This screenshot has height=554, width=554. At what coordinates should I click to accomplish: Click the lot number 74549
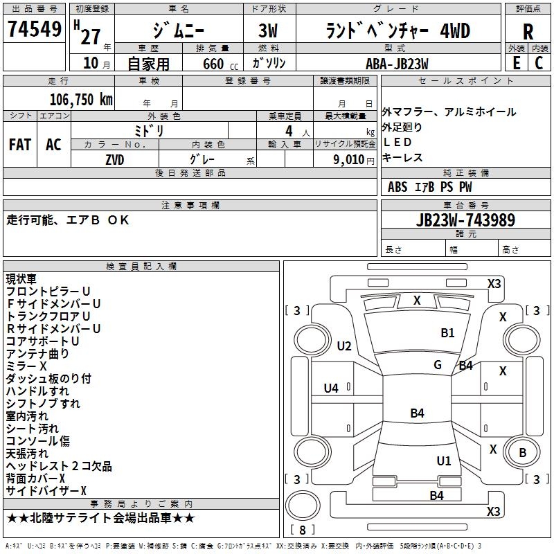[x=35, y=28]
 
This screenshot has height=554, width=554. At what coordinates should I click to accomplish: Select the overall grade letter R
[x=528, y=32]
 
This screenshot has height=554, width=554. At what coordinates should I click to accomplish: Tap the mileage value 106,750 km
[x=81, y=100]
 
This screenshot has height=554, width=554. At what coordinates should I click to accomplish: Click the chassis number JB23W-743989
[x=465, y=220]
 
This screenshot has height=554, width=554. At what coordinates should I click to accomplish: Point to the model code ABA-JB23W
[x=397, y=64]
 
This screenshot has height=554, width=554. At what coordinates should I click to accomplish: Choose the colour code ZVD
[x=115, y=160]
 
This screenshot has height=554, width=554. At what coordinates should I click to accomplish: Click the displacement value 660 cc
[x=220, y=64]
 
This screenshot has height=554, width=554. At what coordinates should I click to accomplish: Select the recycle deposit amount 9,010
[x=348, y=160]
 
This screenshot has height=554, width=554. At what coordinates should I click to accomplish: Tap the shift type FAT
[x=20, y=145]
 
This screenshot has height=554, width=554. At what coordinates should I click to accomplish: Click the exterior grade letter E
[x=516, y=63]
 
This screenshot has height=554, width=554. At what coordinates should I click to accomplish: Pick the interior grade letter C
[x=539, y=63]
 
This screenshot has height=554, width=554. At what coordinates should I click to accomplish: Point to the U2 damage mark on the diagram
[x=343, y=346]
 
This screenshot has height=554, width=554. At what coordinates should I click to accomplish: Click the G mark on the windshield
[x=438, y=365]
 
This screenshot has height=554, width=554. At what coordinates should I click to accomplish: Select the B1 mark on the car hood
[x=447, y=333]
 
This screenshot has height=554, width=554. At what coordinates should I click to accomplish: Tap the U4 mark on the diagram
[x=331, y=388]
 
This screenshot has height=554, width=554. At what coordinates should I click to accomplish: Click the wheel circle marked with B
[x=522, y=452]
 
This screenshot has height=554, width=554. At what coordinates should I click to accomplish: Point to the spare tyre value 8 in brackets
[x=303, y=530]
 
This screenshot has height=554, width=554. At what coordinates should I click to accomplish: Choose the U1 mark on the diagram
[x=443, y=461]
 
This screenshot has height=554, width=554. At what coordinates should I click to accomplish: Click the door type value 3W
[x=268, y=31]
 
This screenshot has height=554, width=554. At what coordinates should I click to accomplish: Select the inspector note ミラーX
[x=26, y=366]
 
